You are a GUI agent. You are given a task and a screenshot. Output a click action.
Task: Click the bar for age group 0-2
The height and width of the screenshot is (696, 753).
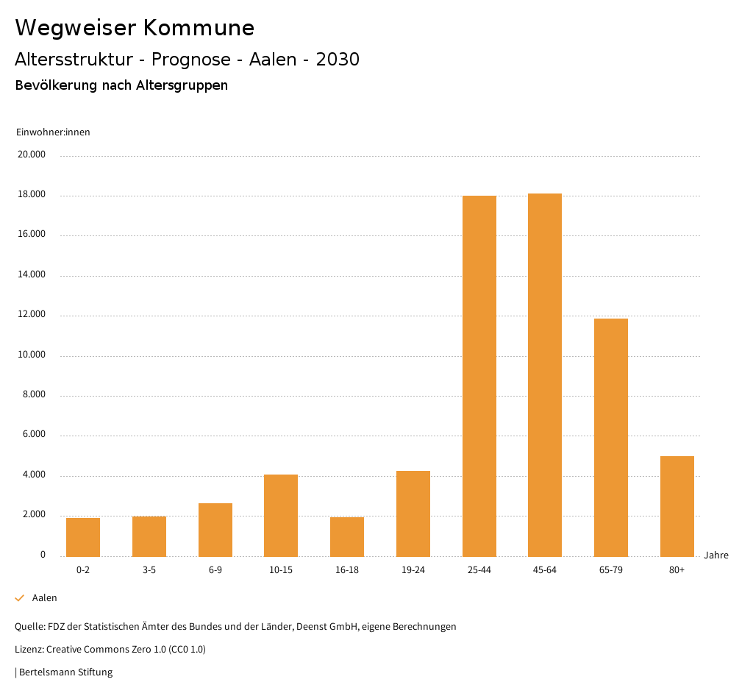click(x=83, y=537)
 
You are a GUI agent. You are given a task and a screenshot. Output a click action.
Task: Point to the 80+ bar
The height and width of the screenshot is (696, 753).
click(x=677, y=506)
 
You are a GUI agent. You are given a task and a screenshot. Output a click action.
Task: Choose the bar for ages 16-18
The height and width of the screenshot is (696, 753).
click(x=347, y=536)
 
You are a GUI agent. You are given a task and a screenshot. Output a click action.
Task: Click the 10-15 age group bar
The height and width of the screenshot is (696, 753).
click(x=281, y=515)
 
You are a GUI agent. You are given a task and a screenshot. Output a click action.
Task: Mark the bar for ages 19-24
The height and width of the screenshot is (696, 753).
click(x=413, y=514)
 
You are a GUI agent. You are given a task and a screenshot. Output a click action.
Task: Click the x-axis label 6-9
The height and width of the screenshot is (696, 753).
click(x=215, y=570)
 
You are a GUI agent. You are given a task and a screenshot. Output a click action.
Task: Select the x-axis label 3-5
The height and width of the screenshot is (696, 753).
click(x=149, y=570)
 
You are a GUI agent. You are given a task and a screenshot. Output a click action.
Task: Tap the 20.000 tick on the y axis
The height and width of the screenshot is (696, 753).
click(x=32, y=155)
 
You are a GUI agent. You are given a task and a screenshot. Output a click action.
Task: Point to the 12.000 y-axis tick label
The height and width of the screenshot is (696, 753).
click(x=32, y=314)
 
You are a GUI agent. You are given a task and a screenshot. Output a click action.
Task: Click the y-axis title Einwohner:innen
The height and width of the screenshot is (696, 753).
click(x=53, y=132)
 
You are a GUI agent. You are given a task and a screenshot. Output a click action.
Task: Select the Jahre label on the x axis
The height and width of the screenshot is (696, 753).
click(x=716, y=555)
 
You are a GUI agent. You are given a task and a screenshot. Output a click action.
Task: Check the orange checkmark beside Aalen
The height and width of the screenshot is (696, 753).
click(x=20, y=598)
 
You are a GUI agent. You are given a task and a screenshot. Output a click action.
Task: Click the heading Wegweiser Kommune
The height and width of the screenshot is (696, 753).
click(x=135, y=27)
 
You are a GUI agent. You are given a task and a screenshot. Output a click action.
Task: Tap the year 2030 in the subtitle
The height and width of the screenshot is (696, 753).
click(x=338, y=60)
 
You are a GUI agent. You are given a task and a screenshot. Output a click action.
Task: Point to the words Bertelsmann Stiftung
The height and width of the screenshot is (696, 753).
click(x=65, y=672)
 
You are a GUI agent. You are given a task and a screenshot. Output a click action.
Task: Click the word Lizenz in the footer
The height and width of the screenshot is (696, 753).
click(x=28, y=650)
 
